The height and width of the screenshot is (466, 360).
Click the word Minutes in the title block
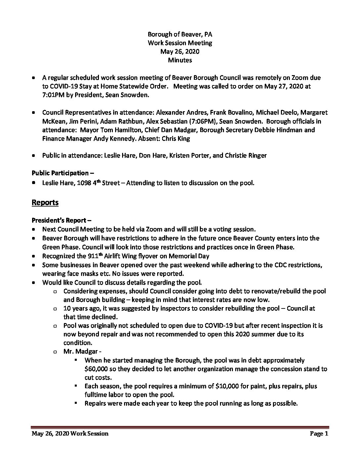click(180, 60)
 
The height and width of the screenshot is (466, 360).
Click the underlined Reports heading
click(45, 202)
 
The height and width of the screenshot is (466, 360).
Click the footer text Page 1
click(319, 434)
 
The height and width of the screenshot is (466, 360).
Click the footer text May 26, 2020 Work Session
click(70, 434)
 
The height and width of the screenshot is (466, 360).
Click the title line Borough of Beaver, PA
click(180, 34)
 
